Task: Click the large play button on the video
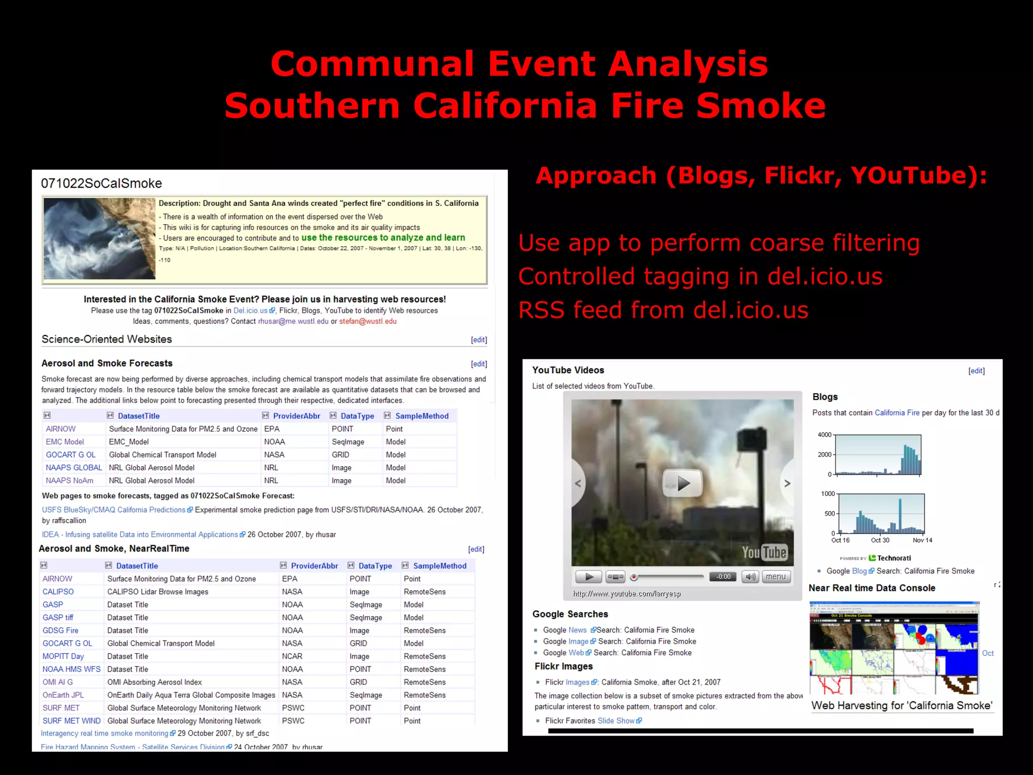(682, 483)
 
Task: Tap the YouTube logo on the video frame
(764, 552)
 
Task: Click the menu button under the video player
(775, 577)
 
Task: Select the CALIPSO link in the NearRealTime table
(58, 592)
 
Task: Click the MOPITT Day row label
(63, 656)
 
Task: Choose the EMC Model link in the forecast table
(65, 442)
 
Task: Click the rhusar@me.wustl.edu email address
(293, 321)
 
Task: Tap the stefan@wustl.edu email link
(368, 321)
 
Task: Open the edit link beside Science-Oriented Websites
(479, 340)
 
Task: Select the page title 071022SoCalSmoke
(101, 184)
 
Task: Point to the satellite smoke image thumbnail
(99, 239)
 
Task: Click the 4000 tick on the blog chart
(824, 435)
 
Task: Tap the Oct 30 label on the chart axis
(880, 540)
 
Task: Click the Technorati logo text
(894, 558)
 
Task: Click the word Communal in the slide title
(372, 64)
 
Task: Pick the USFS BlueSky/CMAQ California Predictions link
(113, 510)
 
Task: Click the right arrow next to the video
(787, 483)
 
